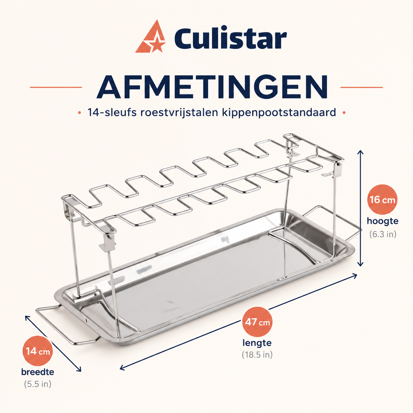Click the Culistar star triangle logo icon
pos(150,37)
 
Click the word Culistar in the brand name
pos(230,38)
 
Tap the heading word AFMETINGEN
pos(212,87)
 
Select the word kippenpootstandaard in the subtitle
pos(279,113)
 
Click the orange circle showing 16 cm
pos(382,199)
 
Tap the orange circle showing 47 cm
pos(257,322)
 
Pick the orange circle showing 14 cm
pos(38,351)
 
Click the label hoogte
pos(382,221)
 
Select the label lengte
pos(257,343)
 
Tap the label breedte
pos(38,372)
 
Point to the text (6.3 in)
pos(383,234)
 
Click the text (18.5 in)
pos(257,355)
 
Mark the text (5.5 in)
pos(38,384)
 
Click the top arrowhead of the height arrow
pos(361,152)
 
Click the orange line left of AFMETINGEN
pos(56,87)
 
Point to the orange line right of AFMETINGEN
pos(362,87)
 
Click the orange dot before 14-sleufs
pos(79,113)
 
